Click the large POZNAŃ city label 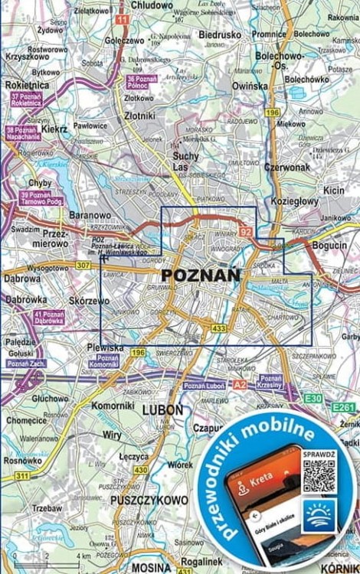[201, 275]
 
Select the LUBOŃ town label [163, 410]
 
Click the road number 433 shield [220, 328]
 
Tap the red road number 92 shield [245, 230]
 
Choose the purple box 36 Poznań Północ [142, 83]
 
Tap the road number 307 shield [83, 265]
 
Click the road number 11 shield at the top [123, 18]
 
